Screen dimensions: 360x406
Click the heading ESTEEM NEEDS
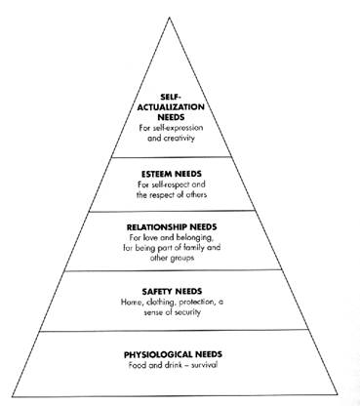(172, 174)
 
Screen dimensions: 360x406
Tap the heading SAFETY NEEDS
(172, 291)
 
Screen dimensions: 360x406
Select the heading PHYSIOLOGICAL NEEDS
(173, 354)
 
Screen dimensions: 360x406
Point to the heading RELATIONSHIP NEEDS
(172, 227)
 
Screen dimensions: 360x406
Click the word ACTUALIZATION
(171, 107)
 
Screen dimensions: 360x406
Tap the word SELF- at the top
(171, 97)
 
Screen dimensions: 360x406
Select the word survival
(204, 365)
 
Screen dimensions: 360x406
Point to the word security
(187, 312)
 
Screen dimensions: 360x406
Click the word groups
(181, 259)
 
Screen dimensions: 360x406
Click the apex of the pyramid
(170, 18)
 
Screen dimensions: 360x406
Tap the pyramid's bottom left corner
(13, 397)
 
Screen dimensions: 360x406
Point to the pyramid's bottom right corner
(338, 395)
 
